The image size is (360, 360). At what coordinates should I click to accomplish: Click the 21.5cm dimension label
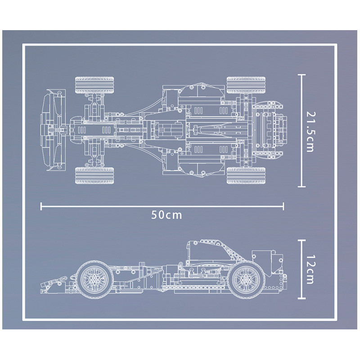[310, 132]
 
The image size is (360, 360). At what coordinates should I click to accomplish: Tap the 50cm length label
[166, 215]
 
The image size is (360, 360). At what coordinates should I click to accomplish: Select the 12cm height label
[310, 269]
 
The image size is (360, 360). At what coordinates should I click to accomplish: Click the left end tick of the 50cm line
[41, 206]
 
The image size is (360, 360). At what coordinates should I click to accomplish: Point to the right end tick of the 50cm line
[283, 206]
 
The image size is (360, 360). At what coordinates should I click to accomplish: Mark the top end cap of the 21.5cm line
[301, 75]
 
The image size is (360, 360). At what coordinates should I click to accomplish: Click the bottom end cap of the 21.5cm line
[301, 186]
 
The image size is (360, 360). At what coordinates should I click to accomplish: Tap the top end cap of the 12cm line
[301, 240]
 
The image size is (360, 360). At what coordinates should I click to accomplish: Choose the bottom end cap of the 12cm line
[301, 298]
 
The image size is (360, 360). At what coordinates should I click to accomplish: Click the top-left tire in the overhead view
[94, 85]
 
